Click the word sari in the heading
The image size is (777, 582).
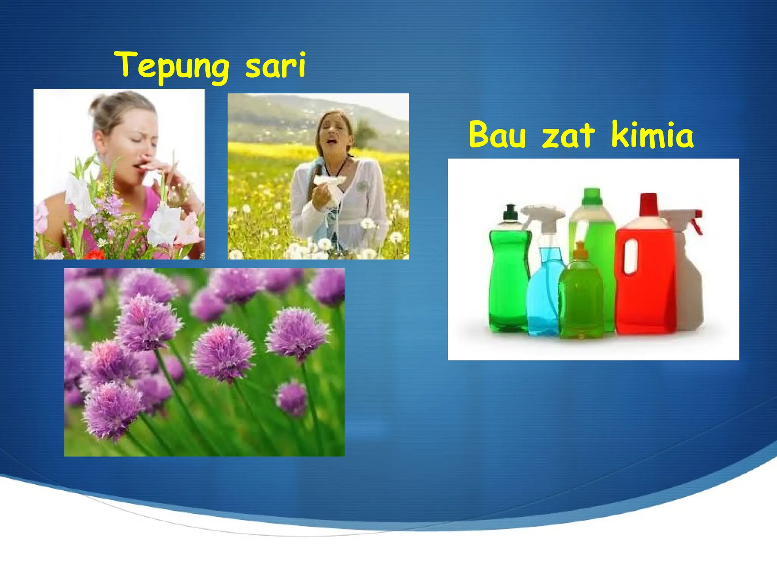click(275, 65)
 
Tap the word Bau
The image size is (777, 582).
click(497, 135)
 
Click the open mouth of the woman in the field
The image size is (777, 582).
click(332, 141)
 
